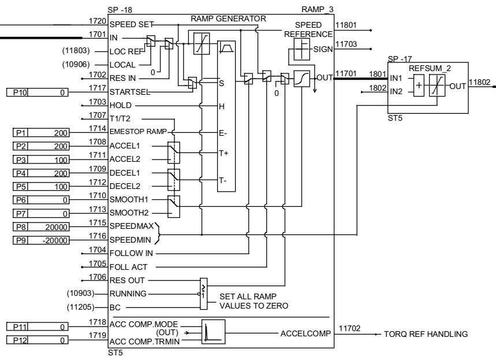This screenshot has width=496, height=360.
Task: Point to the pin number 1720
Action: tap(96, 21)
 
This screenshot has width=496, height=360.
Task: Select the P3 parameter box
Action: tap(21, 158)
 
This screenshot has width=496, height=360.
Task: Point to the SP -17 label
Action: tap(399, 59)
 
